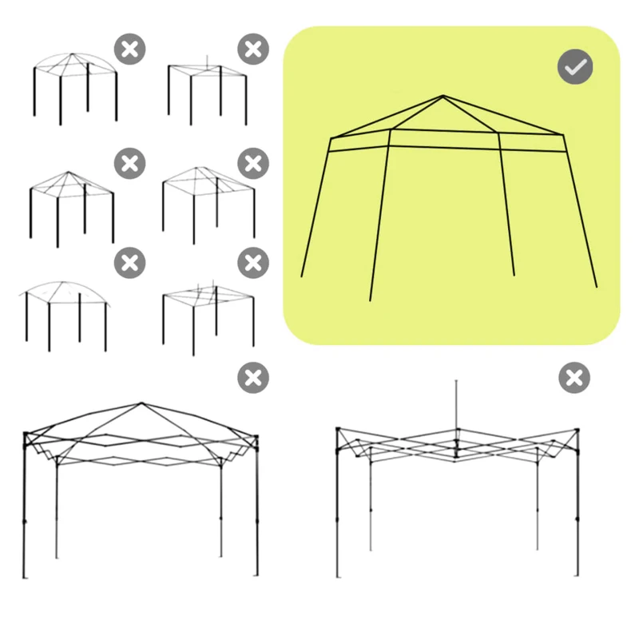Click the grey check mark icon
[x=575, y=68]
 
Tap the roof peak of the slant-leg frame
[x=443, y=97]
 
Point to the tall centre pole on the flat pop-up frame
[x=456, y=407]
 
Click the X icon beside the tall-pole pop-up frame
[x=574, y=377]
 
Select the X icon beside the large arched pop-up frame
[x=253, y=377]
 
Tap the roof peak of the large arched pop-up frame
[x=141, y=403]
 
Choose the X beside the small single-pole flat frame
[x=253, y=50]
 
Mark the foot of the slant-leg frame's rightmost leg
[x=597, y=286]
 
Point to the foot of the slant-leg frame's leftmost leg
[x=301, y=276]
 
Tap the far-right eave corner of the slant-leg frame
[x=565, y=135]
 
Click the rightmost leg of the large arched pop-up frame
[x=256, y=511]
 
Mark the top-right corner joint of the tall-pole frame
[x=577, y=432]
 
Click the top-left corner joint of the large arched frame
[x=26, y=435]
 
